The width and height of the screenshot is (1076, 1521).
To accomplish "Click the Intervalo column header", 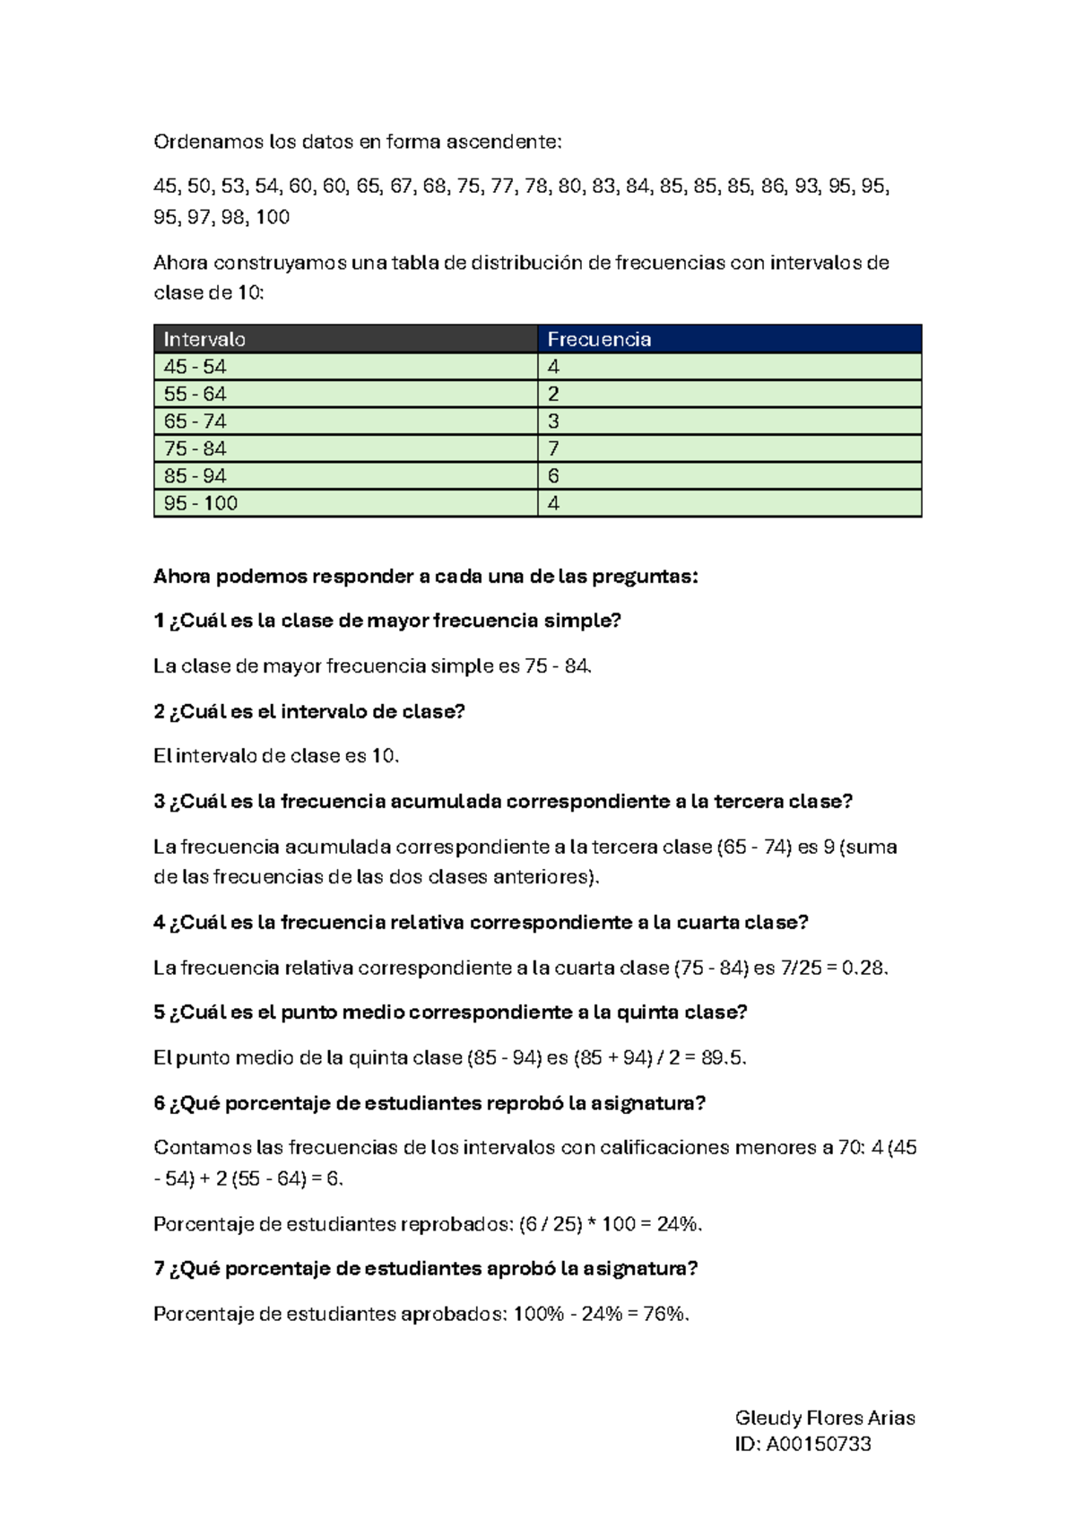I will point(204,339).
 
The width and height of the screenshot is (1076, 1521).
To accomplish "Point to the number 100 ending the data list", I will point(273,217).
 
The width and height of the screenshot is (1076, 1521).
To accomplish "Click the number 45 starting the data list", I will point(165,187).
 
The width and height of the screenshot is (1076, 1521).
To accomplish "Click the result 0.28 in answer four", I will point(863,968).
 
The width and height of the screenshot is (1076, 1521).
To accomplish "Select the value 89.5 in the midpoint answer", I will point(722,1057).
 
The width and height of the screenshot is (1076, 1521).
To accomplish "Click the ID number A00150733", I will point(818,1444).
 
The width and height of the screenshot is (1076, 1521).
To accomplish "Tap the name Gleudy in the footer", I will point(768,1418).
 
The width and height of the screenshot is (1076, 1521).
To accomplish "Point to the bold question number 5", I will point(159,1013).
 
